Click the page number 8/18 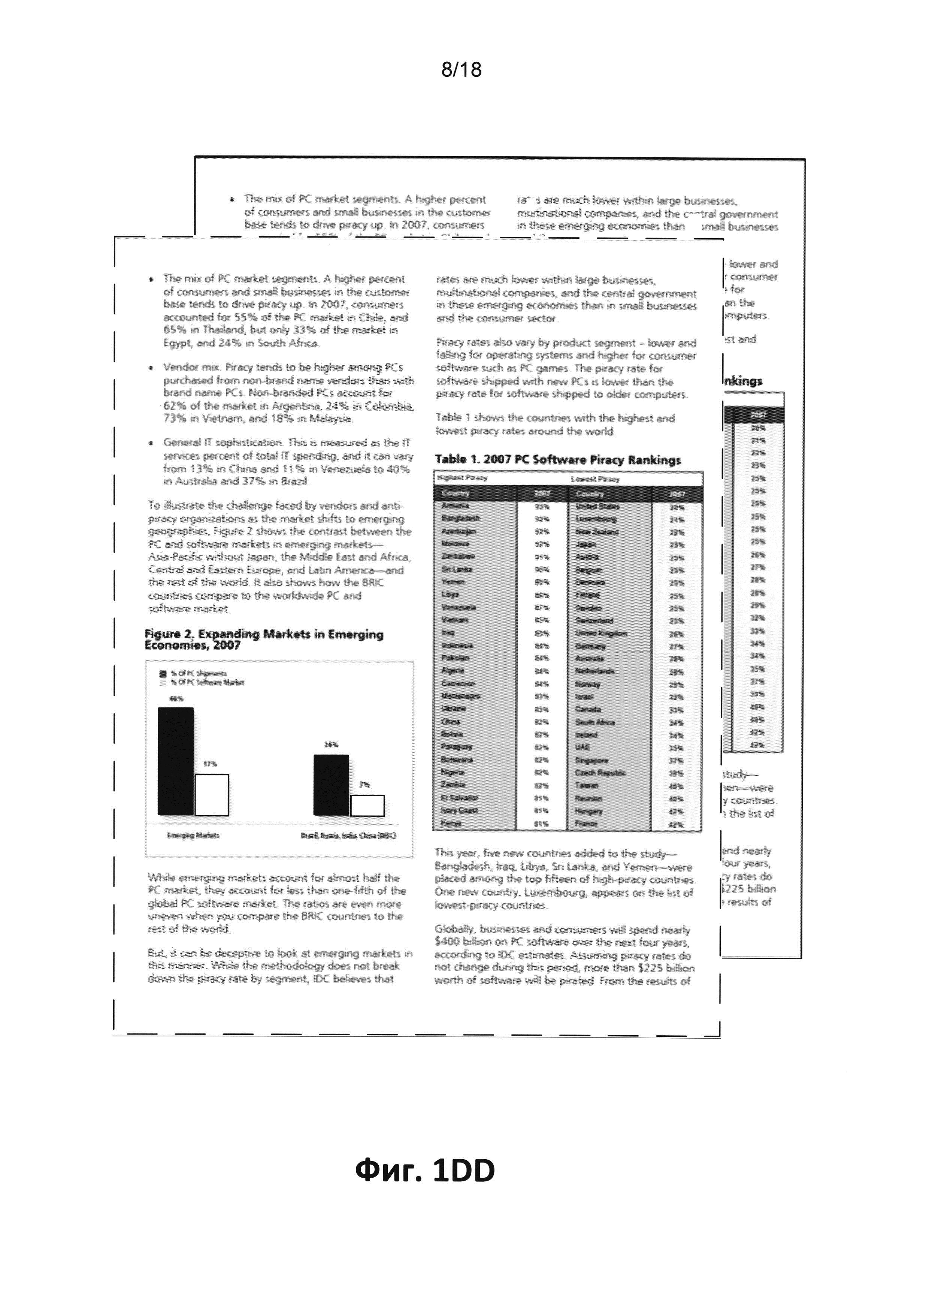(461, 70)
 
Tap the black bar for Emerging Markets (176, 761)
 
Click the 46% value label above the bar (176, 698)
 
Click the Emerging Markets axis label (193, 835)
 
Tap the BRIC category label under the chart (348, 835)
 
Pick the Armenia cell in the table (456, 505)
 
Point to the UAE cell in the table (582, 747)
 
